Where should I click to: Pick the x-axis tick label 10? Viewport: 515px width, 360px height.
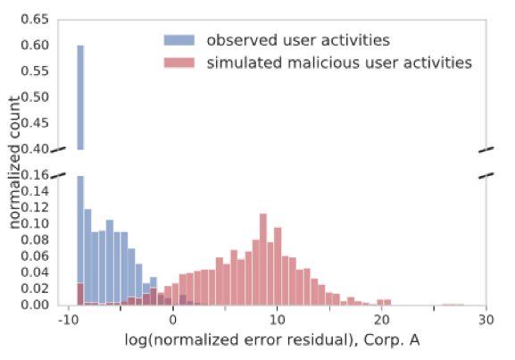pyautogui.click(x=277, y=320)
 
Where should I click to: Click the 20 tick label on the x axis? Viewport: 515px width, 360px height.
pyautogui.click(x=381, y=320)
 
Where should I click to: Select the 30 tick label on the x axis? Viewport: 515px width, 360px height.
pyautogui.click(x=486, y=320)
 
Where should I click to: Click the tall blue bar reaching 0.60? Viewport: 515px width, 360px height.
pyautogui.click(x=79, y=98)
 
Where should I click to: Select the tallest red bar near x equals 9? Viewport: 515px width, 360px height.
pyautogui.click(x=263, y=260)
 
